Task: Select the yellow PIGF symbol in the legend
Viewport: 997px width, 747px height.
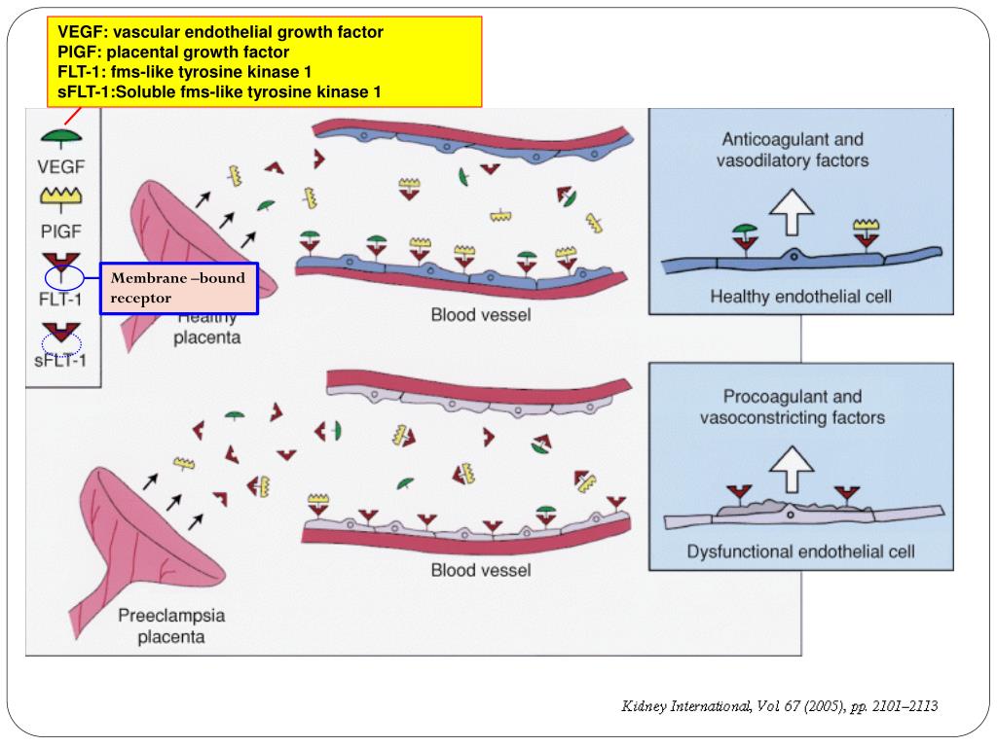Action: coord(61,198)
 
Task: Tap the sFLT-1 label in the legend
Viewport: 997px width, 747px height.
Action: coord(59,361)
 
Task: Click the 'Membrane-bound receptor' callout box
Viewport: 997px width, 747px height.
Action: coord(179,288)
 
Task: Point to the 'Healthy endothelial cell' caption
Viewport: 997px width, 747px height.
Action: coord(800,297)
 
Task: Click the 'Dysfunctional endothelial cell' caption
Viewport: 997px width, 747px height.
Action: coord(800,551)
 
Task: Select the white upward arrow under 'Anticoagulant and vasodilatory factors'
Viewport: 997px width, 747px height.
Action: coord(792,211)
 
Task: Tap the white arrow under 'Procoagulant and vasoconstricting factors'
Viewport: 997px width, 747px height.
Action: coord(792,469)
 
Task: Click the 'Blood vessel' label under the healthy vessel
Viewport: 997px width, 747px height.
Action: coord(481,314)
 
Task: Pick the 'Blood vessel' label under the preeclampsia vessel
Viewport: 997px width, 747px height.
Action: coord(481,570)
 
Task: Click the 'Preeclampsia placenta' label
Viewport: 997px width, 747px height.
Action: coord(171,625)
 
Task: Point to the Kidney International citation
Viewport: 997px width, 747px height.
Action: coord(780,706)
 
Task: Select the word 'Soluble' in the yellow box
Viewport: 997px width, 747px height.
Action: coord(146,92)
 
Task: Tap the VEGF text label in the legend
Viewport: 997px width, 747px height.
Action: coord(61,167)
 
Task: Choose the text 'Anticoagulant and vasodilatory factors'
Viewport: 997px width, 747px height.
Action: coord(793,150)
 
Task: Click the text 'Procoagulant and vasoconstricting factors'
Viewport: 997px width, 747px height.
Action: coord(793,408)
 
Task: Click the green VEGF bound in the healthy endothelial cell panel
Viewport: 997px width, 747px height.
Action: coord(745,230)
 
